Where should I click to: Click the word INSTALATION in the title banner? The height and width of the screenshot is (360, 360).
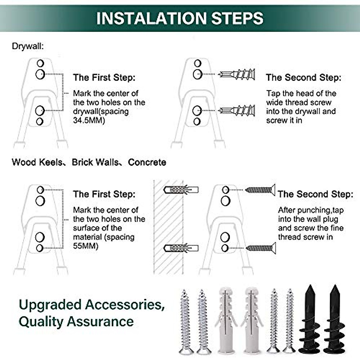[151, 18]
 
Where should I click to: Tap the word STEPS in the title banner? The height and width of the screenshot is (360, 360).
[237, 18]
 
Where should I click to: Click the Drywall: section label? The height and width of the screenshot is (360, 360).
[28, 46]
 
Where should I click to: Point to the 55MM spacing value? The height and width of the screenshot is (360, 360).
[85, 246]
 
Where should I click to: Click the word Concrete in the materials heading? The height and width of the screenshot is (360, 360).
[147, 162]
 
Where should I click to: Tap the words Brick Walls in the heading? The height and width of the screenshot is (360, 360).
[95, 162]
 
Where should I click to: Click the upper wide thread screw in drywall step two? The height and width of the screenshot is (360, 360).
[237, 74]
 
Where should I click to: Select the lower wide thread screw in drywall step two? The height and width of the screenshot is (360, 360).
[237, 111]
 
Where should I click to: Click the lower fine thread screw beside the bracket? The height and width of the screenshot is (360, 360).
[260, 248]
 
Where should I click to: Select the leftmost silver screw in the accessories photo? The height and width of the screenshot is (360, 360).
[185, 322]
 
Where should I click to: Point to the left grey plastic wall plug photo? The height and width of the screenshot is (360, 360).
[226, 321]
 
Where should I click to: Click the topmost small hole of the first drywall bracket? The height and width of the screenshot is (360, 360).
[40, 63]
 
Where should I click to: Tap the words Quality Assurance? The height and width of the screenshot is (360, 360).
[76, 322]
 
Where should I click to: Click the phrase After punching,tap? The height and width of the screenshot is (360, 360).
[310, 210]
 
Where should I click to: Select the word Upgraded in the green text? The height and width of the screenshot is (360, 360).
[50, 305]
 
